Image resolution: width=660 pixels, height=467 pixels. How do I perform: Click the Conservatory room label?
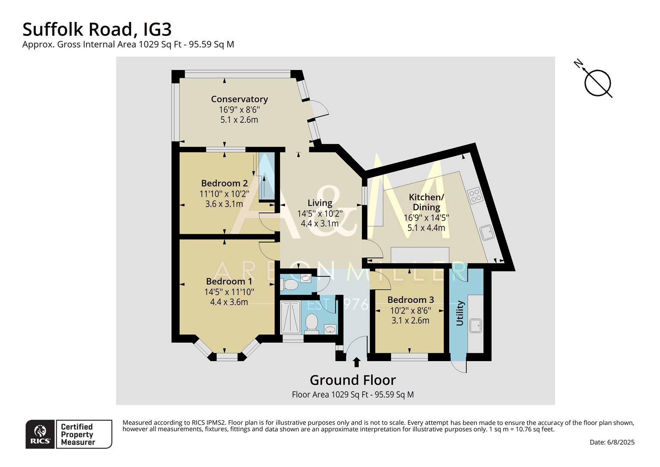pos(239,99)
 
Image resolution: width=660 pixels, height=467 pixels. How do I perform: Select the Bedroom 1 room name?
pos(229,281)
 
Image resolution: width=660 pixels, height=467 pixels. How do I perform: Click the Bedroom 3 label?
pos(410,300)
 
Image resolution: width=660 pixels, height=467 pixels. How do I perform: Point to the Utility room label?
pos(460,313)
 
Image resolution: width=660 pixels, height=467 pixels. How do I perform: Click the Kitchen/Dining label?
pos(426,202)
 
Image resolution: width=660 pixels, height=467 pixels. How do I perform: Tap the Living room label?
pos(320,203)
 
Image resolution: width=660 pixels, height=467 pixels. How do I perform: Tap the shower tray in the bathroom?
pos(291,318)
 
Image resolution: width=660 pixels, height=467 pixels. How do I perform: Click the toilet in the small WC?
pos(289,285)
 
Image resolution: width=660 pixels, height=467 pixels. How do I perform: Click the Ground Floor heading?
pos(352,380)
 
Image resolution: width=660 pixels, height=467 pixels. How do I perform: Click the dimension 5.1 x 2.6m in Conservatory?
pos(239,120)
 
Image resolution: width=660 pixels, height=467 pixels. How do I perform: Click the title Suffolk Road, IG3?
pos(97,29)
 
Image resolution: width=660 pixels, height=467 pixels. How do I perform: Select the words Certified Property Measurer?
pos(78,435)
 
